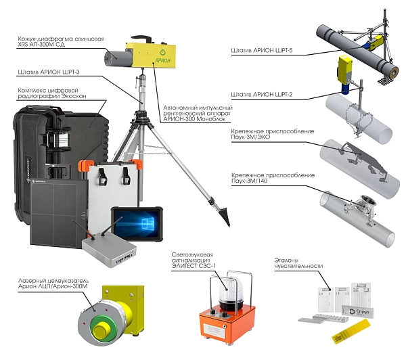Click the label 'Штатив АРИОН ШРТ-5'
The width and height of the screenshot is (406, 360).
tap(262, 50)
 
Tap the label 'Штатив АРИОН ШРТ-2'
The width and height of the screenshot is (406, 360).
tap(262, 95)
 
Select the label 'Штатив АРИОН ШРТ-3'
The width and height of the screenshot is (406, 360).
tap(49, 72)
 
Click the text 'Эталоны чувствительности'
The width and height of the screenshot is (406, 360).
tap(298, 263)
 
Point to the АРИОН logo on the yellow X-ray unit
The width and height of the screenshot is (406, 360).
tap(162, 58)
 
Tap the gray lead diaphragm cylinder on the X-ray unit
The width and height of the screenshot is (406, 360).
tap(116, 58)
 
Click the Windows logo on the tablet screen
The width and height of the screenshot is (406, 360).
tap(147, 223)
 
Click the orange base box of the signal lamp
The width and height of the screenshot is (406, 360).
tap(227, 324)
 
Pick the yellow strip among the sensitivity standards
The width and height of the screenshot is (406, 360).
tap(351, 332)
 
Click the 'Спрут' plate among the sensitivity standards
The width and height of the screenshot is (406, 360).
tap(358, 311)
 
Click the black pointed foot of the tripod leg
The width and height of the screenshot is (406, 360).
tap(224, 215)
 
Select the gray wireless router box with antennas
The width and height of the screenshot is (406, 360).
tap(109, 251)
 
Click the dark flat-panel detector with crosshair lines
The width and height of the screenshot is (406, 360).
tap(58, 212)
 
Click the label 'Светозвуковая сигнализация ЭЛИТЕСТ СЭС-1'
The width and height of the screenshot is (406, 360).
tap(194, 260)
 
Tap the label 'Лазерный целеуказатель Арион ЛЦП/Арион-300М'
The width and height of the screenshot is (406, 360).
tap(53, 284)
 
